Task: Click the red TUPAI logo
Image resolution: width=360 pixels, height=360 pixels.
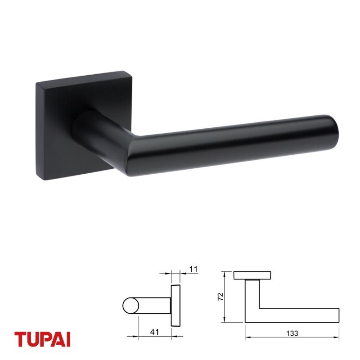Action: pos(42,339)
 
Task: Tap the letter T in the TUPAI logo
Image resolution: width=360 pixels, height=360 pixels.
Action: pos(20,339)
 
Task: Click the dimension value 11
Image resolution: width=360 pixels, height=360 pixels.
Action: pos(193,269)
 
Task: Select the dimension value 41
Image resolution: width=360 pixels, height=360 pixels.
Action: pos(154,332)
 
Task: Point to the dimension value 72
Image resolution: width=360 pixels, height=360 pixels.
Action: pos(220,297)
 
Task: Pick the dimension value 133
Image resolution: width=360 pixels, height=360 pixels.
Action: pos(292,333)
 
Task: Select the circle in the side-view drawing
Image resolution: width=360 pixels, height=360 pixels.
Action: pos(131,306)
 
